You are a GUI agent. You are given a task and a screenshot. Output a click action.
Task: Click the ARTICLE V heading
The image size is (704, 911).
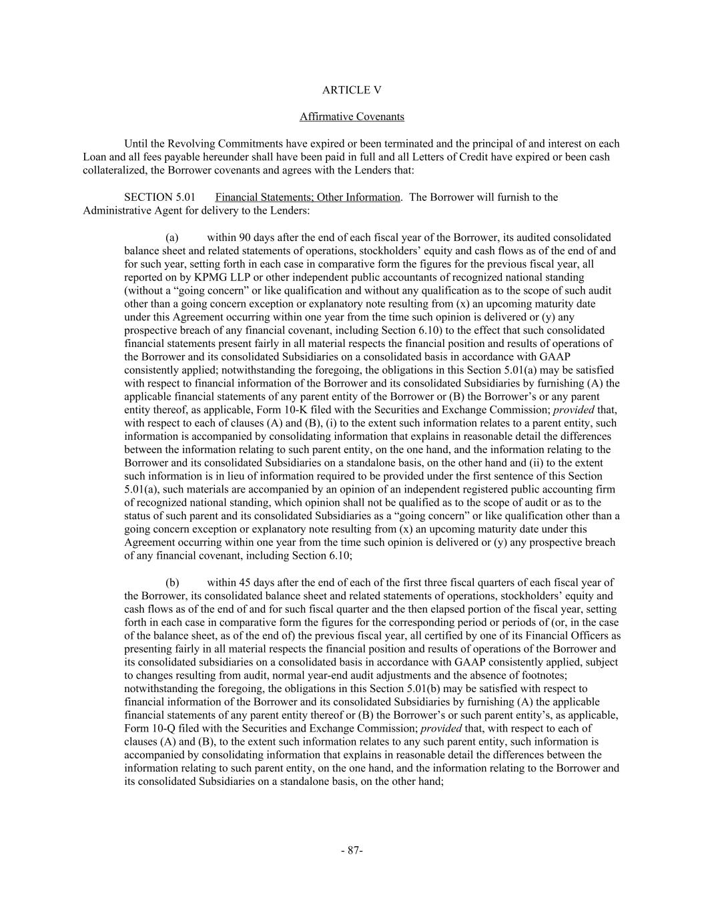pos(352,90)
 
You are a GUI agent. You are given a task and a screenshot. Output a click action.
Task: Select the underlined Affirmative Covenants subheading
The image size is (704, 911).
pos(352,117)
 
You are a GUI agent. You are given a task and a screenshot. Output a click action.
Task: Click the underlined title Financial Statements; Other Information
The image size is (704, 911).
pos(308,197)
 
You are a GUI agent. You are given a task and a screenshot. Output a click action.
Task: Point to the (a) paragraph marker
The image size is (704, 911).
pos(172,238)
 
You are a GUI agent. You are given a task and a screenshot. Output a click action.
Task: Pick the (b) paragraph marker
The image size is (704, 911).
pos(172,583)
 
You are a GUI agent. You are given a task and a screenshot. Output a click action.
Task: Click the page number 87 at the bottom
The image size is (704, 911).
pos(352,850)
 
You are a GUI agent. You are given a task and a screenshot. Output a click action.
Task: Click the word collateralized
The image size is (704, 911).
pos(113,171)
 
